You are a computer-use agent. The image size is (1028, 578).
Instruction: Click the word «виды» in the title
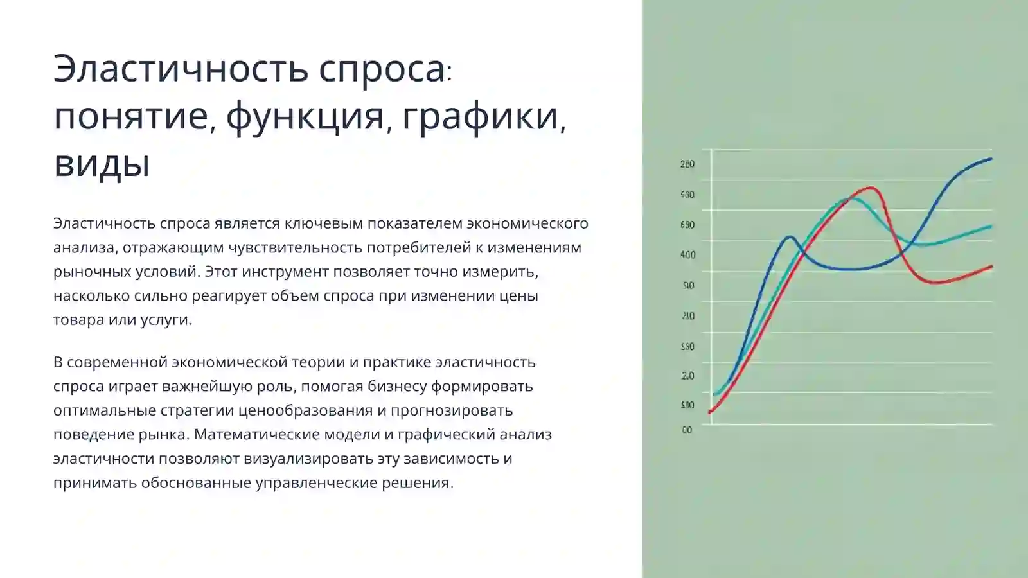tap(102, 164)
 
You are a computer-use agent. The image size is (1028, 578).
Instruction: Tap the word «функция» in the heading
tap(305, 116)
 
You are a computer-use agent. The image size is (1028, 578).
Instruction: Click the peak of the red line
tap(871, 188)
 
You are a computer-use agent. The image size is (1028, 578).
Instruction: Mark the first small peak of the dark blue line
tap(790, 237)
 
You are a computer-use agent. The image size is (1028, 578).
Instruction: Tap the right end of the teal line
tap(991, 226)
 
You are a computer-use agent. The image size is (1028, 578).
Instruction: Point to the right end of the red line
tap(991, 267)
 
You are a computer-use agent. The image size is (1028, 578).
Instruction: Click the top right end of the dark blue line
tap(991, 159)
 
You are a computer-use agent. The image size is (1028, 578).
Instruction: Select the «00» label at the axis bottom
tap(687, 430)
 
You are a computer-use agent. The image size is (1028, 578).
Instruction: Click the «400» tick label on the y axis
tap(687, 255)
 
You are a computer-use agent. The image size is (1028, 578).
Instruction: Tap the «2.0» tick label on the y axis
tap(687, 376)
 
